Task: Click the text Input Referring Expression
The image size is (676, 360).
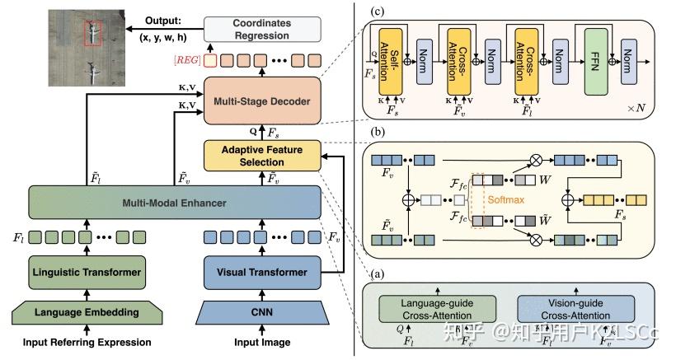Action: pyautogui.click(x=84, y=343)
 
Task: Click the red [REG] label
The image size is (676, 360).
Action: pyautogui.click(x=186, y=61)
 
